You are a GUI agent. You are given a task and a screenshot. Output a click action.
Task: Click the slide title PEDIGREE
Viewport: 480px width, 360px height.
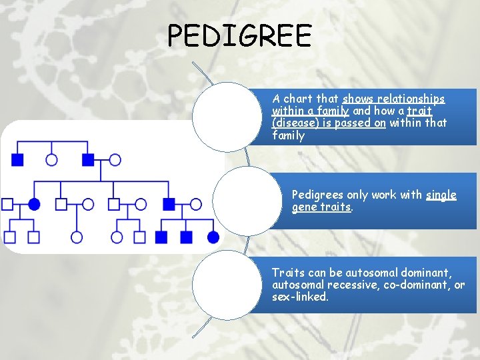click(x=239, y=35)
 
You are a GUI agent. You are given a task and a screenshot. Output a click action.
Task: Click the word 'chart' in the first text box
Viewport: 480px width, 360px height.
click(x=297, y=99)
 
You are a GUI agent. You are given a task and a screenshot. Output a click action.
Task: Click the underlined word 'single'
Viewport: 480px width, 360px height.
click(x=441, y=195)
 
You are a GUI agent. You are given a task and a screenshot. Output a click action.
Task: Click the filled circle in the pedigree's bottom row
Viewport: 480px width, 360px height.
click(x=213, y=237)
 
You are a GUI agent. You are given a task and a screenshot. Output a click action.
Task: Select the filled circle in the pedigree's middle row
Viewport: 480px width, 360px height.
click(x=35, y=203)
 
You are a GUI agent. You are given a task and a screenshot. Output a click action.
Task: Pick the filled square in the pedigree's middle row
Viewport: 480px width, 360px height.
click(x=169, y=203)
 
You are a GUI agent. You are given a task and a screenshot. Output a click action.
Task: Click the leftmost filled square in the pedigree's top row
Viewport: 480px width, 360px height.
click(x=17, y=159)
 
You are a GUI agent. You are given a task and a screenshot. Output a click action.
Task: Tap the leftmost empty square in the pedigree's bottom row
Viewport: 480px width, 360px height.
click(x=10, y=237)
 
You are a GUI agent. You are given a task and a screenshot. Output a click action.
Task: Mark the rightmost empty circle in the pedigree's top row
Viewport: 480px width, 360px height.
click(x=115, y=159)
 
